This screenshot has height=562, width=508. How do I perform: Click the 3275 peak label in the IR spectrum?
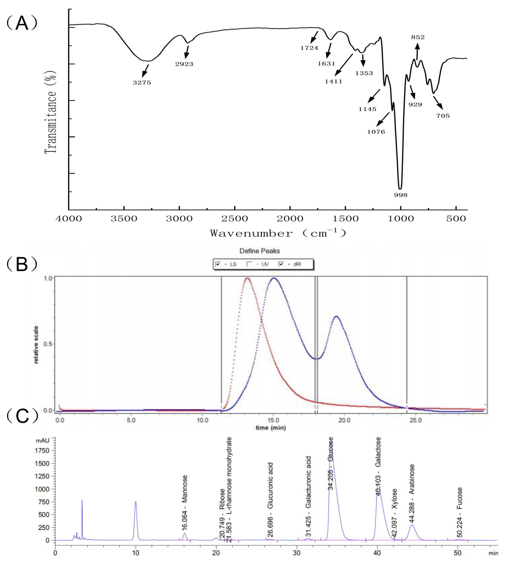[x=142, y=82]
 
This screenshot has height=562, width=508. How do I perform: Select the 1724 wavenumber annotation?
[x=309, y=48]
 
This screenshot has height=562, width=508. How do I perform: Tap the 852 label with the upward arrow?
[x=418, y=37]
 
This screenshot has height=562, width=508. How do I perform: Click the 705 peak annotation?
[x=443, y=116]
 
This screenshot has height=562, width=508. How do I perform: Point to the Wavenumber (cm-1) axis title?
[x=278, y=233]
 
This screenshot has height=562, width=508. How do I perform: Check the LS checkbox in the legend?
[x=218, y=264]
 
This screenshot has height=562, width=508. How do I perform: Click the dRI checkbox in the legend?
[x=281, y=264]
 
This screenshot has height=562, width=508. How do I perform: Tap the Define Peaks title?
[x=259, y=251]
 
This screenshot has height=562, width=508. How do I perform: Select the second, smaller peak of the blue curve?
[x=336, y=316]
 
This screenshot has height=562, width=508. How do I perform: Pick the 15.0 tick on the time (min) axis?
[x=273, y=421]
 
